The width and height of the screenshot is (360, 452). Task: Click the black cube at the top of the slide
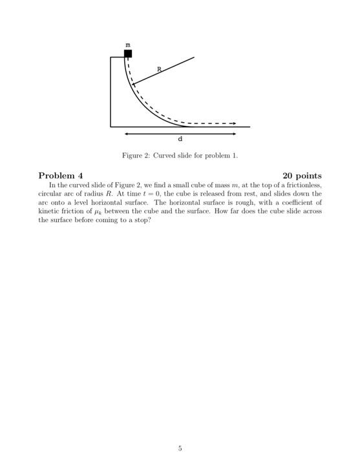point(128,54)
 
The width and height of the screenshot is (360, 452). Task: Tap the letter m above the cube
point(128,44)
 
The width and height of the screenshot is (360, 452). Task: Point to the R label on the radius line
point(159,68)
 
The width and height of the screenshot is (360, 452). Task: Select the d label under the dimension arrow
point(180,139)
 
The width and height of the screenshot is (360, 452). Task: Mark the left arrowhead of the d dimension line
point(127,134)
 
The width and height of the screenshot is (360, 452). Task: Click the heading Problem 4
point(61,176)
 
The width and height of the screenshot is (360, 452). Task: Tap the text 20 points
point(302,176)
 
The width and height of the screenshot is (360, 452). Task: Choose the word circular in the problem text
point(50,193)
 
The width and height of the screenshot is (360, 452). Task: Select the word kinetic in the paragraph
point(48,211)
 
